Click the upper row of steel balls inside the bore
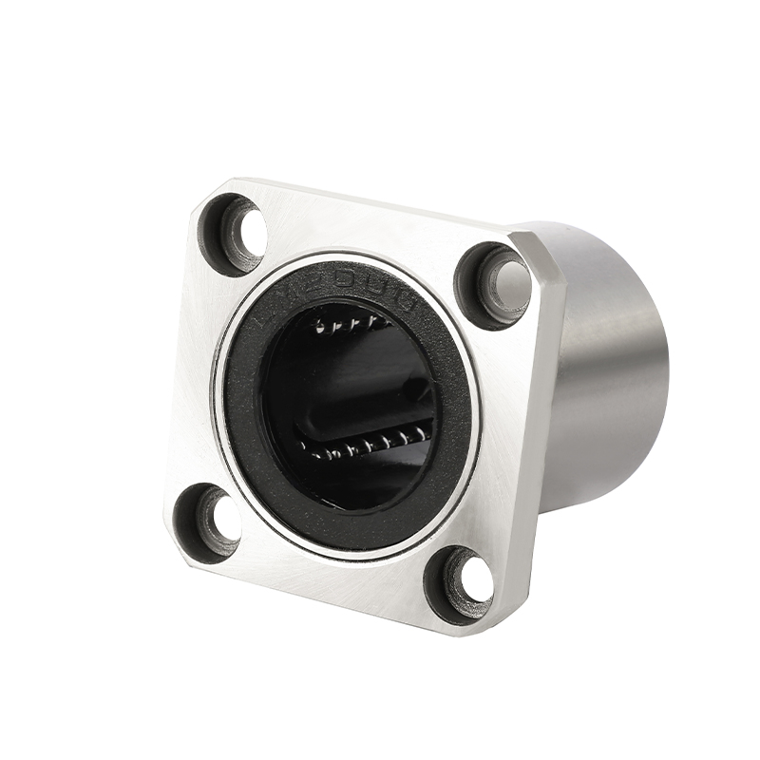(351, 324)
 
